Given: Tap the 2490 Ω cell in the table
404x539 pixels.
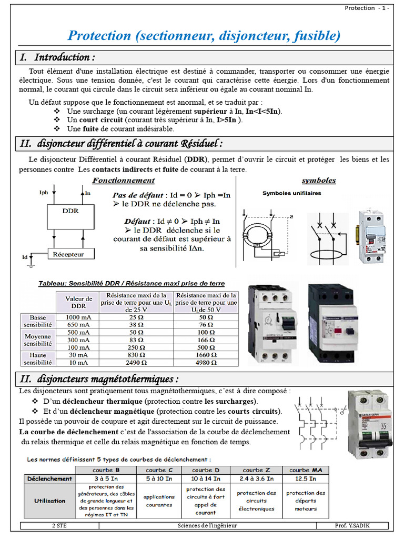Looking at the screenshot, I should click(x=136, y=362).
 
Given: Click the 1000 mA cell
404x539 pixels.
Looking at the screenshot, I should click(x=78, y=317).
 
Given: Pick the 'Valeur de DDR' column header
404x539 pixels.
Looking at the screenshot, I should click(x=78, y=302).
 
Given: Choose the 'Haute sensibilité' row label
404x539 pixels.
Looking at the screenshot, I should click(x=37, y=358).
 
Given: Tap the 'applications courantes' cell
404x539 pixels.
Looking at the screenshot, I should click(x=159, y=501).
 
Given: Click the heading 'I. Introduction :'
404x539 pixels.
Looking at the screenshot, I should click(x=58, y=57).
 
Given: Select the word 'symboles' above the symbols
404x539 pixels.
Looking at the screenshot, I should click(x=319, y=181).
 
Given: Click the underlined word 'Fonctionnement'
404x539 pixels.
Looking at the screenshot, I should click(x=124, y=181).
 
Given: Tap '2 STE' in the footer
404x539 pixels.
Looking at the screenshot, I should click(x=59, y=525).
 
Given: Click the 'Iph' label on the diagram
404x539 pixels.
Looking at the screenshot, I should click(x=44, y=193).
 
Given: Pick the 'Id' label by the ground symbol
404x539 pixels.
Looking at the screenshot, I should click(x=24, y=257).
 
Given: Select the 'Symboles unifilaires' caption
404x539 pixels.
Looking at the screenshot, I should click(x=291, y=193).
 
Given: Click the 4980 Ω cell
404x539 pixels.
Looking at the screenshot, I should click(x=206, y=362).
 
